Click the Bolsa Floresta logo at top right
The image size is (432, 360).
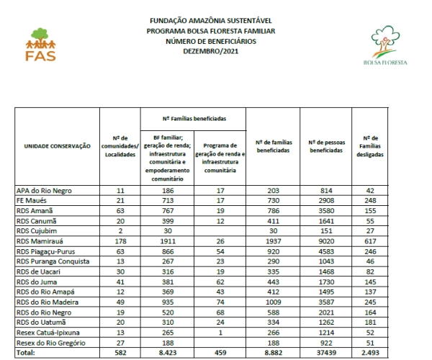385,47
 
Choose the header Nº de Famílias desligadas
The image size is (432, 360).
372,145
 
